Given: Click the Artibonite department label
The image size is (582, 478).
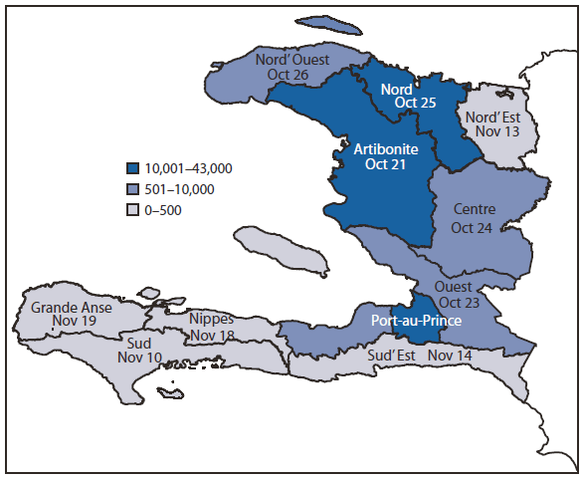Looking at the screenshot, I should pos(387,147).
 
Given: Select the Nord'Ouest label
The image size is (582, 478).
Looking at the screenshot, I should pos(293,59).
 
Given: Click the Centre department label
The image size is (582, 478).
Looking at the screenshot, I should pos(475,210).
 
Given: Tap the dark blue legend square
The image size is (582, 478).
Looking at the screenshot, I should pos(132,168).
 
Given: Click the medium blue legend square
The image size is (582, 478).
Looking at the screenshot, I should pos(132,188).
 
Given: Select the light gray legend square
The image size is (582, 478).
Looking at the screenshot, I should pos(132,209).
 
